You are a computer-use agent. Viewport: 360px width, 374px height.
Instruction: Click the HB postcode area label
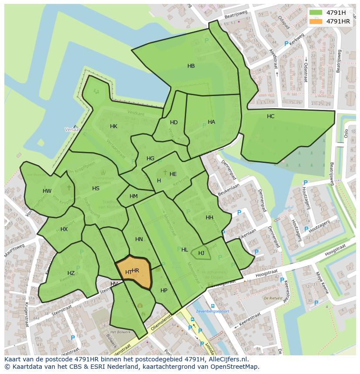[191, 66]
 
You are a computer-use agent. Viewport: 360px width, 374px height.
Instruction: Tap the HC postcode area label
[270, 116]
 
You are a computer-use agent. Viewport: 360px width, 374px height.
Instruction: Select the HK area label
[113, 126]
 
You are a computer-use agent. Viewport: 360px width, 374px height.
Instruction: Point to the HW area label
[47, 191]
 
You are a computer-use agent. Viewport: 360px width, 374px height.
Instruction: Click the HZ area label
[71, 273]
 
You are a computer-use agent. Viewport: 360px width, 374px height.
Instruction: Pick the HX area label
[64, 229]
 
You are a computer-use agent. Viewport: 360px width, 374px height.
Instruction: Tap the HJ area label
[201, 253]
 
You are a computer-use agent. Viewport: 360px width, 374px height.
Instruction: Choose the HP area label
[163, 291]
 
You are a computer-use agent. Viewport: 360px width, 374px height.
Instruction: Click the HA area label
[211, 122]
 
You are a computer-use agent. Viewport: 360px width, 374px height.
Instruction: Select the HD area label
[173, 122]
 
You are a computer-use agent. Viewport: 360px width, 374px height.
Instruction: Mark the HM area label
[133, 196]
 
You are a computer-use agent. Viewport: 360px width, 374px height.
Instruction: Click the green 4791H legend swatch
[316, 12]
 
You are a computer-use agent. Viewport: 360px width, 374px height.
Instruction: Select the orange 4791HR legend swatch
[316, 21]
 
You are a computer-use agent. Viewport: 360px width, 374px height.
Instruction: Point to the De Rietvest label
[273, 298]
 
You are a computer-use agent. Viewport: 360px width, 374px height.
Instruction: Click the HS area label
[96, 189]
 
